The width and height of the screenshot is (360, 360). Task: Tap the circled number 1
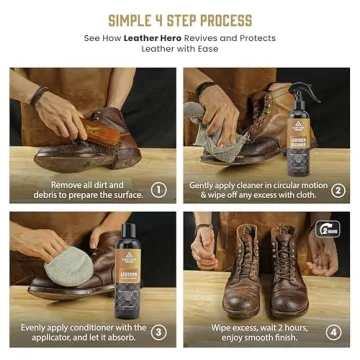coord(158,189)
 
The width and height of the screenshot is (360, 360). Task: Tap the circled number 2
coord(338,189)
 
